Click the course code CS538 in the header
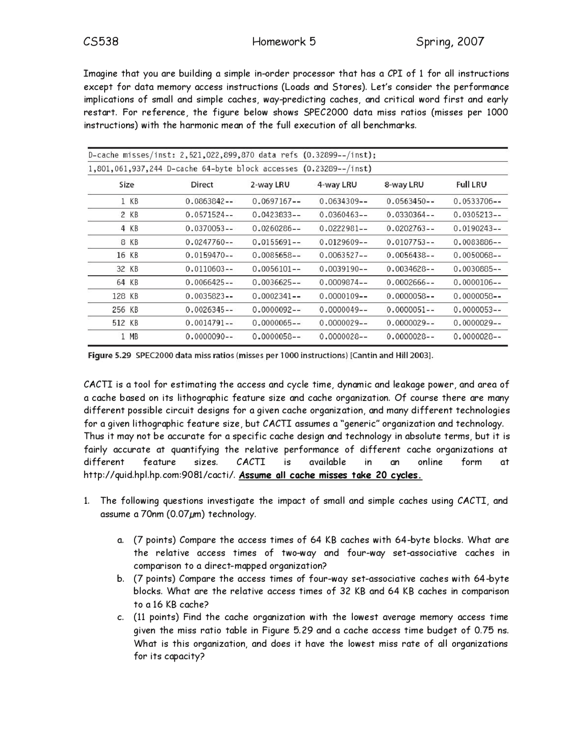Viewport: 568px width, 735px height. tap(101, 42)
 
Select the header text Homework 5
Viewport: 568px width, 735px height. tap(284, 42)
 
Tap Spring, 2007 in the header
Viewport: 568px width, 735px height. tap(450, 42)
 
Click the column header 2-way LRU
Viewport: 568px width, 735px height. tap(270, 185)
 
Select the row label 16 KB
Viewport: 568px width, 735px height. tap(127, 256)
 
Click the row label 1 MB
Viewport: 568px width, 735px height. tap(130, 337)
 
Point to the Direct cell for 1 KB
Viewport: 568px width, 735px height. tap(209, 202)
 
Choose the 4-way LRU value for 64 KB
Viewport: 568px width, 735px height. tap(343, 283)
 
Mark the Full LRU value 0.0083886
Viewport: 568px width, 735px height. tap(477, 242)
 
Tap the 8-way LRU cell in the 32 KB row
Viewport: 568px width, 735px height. tap(410, 269)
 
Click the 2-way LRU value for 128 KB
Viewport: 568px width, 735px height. tap(276, 296)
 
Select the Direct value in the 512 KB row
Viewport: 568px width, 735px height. tap(209, 323)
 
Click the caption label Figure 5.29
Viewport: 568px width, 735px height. tap(110, 356)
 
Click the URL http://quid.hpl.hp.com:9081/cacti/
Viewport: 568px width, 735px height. tap(160, 475)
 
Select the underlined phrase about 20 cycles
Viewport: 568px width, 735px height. tap(330, 475)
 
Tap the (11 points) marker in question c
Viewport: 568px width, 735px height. tap(156, 617)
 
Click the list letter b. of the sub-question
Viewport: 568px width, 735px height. tap(120, 579)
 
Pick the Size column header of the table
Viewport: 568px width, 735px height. tap(126, 185)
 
